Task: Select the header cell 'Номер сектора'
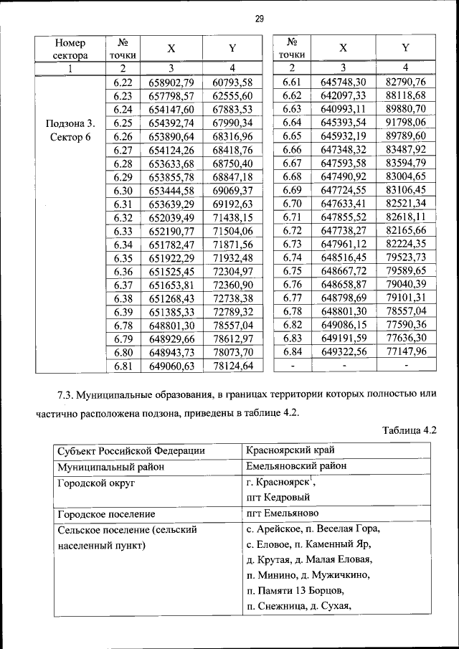click(x=70, y=48)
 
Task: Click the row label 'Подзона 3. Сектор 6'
click(x=70, y=130)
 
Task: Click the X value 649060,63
click(x=171, y=366)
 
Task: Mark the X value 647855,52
click(x=344, y=217)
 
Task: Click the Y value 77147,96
click(x=405, y=351)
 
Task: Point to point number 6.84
click(x=292, y=351)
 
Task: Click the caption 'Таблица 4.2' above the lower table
click(x=410, y=431)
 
